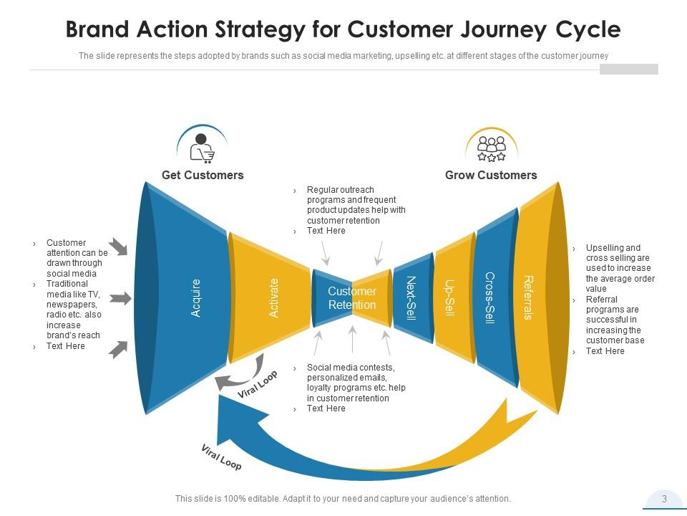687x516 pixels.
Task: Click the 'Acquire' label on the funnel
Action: point(196,298)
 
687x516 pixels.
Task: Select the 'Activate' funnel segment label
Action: point(273,298)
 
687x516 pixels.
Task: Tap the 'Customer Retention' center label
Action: point(352,298)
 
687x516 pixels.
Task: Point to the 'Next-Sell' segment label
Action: point(411,298)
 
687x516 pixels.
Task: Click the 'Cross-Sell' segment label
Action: point(489,298)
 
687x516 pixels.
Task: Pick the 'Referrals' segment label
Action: point(528,298)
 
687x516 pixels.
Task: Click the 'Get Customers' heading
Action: point(203,175)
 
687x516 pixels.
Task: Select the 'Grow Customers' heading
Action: point(491,175)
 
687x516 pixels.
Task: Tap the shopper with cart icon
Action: point(202,148)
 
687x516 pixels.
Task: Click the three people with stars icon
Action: point(492,148)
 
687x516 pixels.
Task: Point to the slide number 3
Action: point(664,499)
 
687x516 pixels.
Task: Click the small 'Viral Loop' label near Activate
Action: point(258,385)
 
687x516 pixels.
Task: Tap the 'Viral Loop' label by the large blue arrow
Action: point(221,457)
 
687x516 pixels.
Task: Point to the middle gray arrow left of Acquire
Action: point(121,298)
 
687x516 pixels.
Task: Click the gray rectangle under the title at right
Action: point(628,69)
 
